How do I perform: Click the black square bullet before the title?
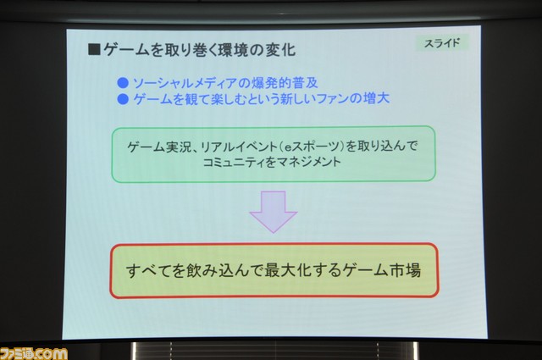(x=94, y=49)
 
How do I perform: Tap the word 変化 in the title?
(x=280, y=51)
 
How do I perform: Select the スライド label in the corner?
(x=442, y=43)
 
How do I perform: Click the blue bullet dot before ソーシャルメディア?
(x=123, y=83)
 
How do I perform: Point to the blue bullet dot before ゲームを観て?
(x=123, y=99)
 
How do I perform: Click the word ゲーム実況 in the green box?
(x=159, y=147)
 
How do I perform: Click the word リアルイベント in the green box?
(x=239, y=147)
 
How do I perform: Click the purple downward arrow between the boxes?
(x=274, y=212)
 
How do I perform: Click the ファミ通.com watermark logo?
(x=34, y=354)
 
